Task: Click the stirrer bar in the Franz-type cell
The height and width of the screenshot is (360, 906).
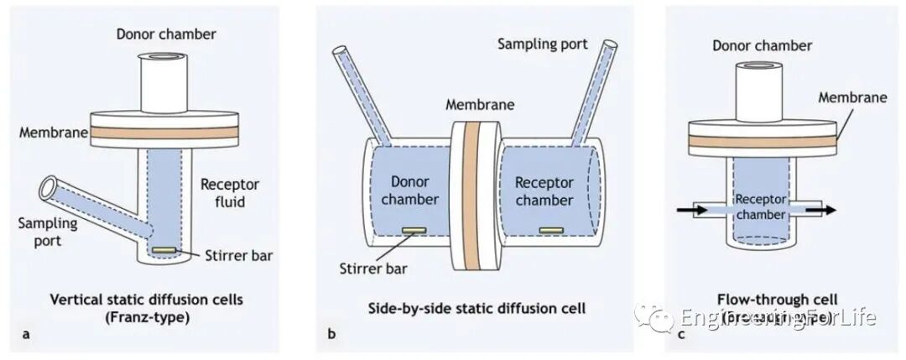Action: click(x=164, y=250)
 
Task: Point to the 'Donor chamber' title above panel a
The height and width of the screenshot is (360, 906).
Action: click(x=166, y=34)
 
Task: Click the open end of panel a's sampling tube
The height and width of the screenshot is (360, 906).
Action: click(x=50, y=187)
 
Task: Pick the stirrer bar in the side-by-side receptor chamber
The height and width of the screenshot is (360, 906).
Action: click(x=550, y=229)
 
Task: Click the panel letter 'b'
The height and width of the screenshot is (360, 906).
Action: click(x=332, y=335)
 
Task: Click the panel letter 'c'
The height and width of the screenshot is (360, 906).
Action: click(x=680, y=335)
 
